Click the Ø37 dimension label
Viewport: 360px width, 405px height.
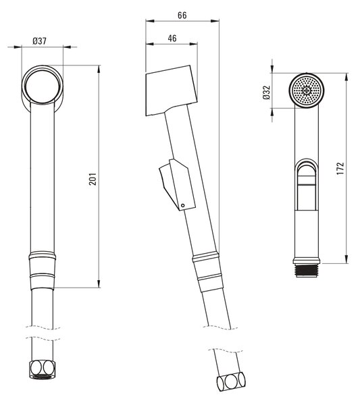(40, 41)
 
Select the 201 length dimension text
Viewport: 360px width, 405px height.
(93, 180)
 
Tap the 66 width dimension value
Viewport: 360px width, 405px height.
(182, 16)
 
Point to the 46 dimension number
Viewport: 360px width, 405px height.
(172, 38)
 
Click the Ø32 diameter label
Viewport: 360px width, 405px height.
(266, 92)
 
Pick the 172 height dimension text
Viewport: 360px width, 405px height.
(340, 168)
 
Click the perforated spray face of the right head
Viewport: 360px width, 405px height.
(306, 90)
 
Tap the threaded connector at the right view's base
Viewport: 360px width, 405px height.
(307, 271)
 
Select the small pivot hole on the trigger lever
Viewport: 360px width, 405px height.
(183, 206)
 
